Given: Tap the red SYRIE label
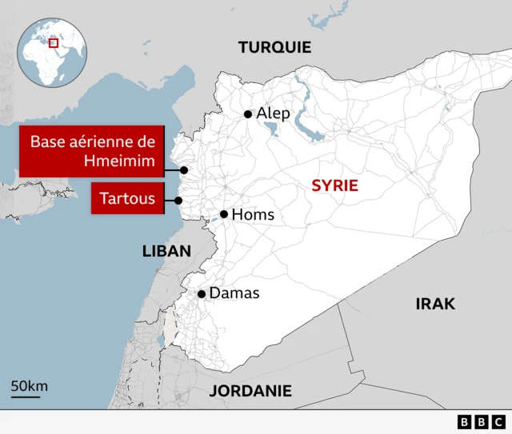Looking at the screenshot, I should coord(334,185).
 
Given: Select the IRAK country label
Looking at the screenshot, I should coord(435,304).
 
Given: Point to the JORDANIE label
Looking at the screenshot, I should coord(250,391).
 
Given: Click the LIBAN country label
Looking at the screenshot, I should coord(166,251).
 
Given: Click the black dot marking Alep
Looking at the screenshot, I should coord(248,114).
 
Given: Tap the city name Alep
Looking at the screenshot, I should coord(273,113).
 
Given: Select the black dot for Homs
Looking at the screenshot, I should coord(224,214).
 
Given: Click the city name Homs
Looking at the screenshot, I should coord(252,214).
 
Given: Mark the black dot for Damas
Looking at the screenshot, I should coord(202,294).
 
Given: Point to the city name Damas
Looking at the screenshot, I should coord(234,293).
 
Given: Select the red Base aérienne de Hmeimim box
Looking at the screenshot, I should coord(92,152).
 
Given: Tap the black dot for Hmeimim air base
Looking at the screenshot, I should coord(184,169).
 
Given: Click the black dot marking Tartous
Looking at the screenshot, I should coord(179,201).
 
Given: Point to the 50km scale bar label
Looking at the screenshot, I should coord(29,386).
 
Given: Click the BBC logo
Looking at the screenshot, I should coord(481,422).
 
